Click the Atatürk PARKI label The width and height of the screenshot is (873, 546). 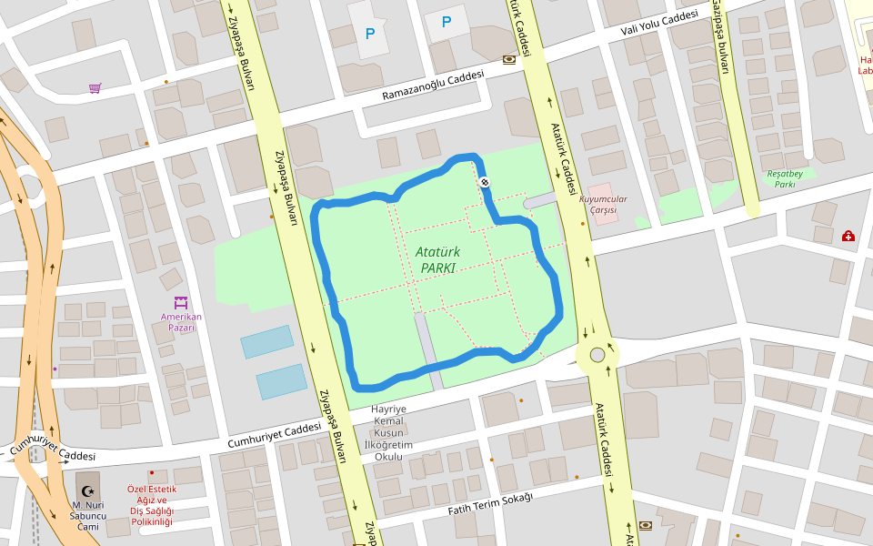click(x=436, y=259)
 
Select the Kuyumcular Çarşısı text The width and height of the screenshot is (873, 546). click(x=603, y=205)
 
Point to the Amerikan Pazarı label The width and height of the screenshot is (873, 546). click(x=180, y=322)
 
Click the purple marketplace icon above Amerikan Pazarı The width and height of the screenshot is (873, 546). click(x=180, y=302)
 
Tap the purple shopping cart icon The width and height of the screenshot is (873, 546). click(x=95, y=88)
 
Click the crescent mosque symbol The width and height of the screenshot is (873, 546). click(x=87, y=491)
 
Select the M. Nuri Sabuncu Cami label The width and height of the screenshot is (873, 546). click(x=87, y=516)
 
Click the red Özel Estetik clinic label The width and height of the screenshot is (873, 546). click(x=151, y=505)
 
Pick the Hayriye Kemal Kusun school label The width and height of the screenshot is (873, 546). click(x=388, y=433)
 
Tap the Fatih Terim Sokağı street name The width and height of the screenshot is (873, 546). click(x=489, y=503)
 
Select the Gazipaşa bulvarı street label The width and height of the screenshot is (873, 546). click(x=720, y=36)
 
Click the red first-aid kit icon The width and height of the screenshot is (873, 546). click(x=848, y=237)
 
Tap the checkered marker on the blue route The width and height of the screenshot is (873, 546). click(x=485, y=182)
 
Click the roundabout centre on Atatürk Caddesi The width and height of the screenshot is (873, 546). click(x=597, y=355)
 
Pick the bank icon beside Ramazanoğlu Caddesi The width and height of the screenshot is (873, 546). click(x=508, y=59)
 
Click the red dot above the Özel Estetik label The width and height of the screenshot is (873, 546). click(x=152, y=473)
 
